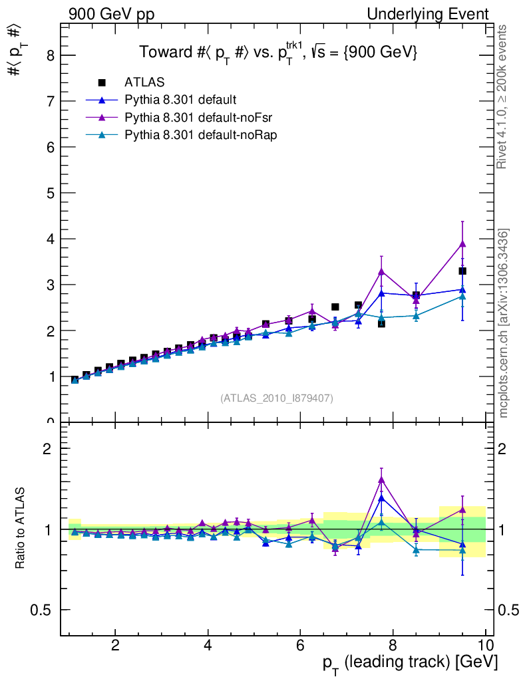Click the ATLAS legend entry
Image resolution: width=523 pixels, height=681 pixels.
[144, 82]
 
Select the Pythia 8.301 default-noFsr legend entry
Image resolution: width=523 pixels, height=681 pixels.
[200, 118]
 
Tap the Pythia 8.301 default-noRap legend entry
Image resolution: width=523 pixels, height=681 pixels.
[201, 135]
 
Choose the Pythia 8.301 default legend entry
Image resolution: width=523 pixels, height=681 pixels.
[180, 100]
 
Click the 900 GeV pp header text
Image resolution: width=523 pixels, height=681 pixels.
[111, 14]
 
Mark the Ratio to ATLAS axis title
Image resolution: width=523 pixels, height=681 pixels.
[21, 529]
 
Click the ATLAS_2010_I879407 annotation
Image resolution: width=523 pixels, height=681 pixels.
[277, 398]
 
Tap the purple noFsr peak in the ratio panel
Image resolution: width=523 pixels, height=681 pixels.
[381, 479]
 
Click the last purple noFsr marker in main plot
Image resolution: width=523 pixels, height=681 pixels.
[462, 244]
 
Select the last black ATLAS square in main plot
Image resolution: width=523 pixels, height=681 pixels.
[462, 271]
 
